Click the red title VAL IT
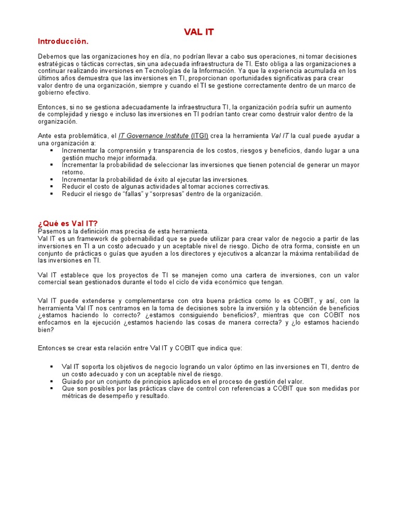(198, 32)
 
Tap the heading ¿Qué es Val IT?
(67, 223)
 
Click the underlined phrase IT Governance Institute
(153, 136)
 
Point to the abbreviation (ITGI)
(200, 136)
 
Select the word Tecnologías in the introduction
(184, 70)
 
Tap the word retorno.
(73, 172)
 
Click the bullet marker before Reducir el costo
(52, 186)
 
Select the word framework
(86, 238)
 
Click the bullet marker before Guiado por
(52, 381)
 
